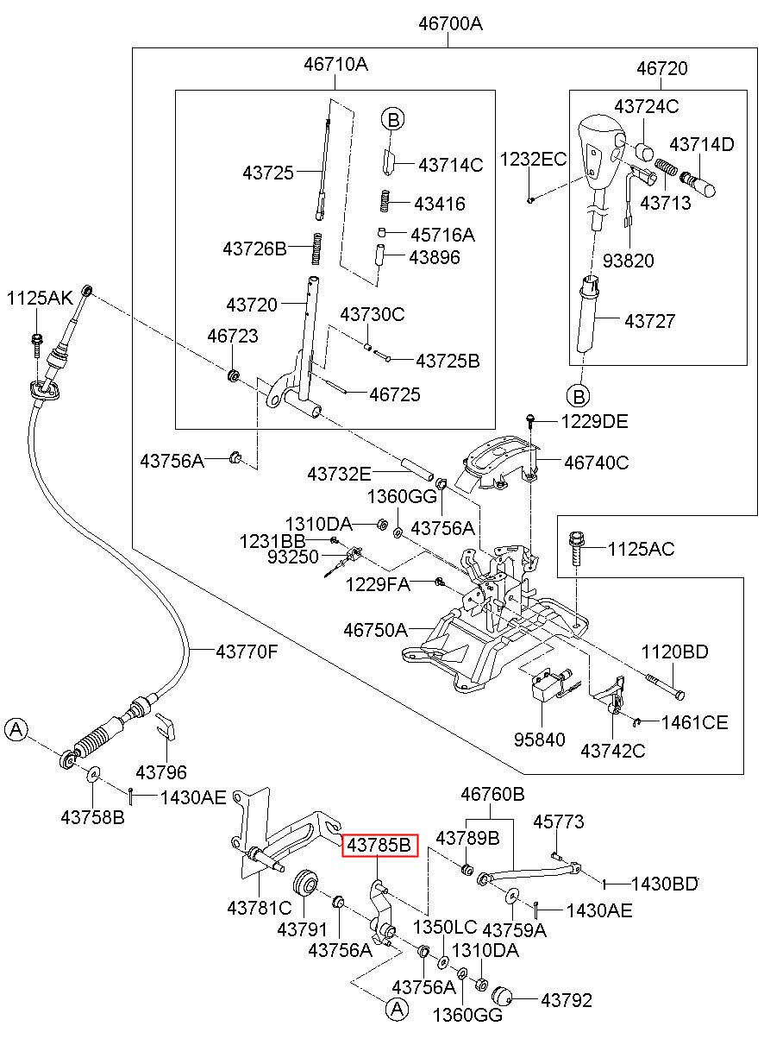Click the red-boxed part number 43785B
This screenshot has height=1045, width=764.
coord(379,845)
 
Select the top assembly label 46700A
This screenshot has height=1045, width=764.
coord(450,23)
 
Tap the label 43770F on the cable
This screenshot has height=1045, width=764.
coord(247,652)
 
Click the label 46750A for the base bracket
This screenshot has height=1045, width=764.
coord(375,630)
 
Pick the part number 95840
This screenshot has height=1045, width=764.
coord(539,740)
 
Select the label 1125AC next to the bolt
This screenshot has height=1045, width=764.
coord(641,549)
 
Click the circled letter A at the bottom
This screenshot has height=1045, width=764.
coord(397,1009)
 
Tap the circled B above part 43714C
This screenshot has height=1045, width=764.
coord(393,120)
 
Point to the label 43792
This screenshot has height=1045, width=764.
coord(567,1000)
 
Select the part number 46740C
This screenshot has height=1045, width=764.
coord(596,463)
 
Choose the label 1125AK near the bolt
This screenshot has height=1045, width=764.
coord(40,298)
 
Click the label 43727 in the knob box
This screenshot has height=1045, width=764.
coord(649,321)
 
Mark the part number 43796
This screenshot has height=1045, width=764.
coord(161,772)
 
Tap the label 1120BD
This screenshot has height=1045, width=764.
coord(674,652)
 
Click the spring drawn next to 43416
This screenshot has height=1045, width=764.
coord(384,201)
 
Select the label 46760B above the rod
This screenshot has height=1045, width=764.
coord(492,794)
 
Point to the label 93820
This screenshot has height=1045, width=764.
coord(629,261)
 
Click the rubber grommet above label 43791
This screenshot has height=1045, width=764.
coord(305,883)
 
